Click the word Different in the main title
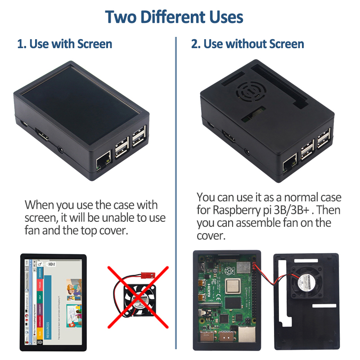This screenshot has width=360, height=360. click(x=173, y=17)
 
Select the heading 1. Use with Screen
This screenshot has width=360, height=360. click(x=64, y=44)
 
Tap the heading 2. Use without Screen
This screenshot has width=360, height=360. click(x=247, y=44)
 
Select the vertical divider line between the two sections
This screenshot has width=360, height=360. click(x=176, y=180)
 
